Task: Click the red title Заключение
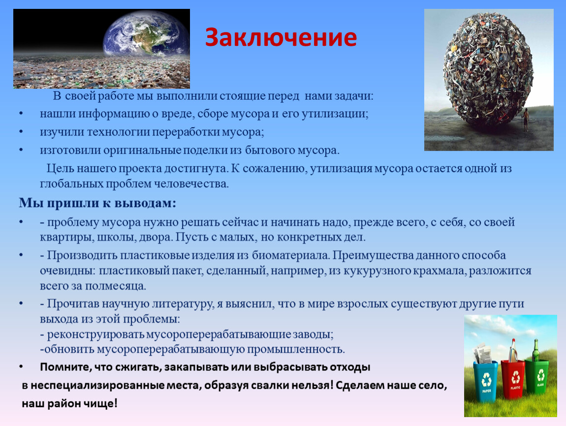click(281, 37)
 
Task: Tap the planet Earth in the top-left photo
click(146, 35)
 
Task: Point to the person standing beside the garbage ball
click(526, 119)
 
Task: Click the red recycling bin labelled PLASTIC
click(513, 378)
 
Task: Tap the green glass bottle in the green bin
click(536, 350)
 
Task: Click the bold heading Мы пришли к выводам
click(97, 203)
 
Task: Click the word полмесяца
click(115, 285)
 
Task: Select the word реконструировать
click(95, 334)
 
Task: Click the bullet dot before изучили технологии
click(21, 132)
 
